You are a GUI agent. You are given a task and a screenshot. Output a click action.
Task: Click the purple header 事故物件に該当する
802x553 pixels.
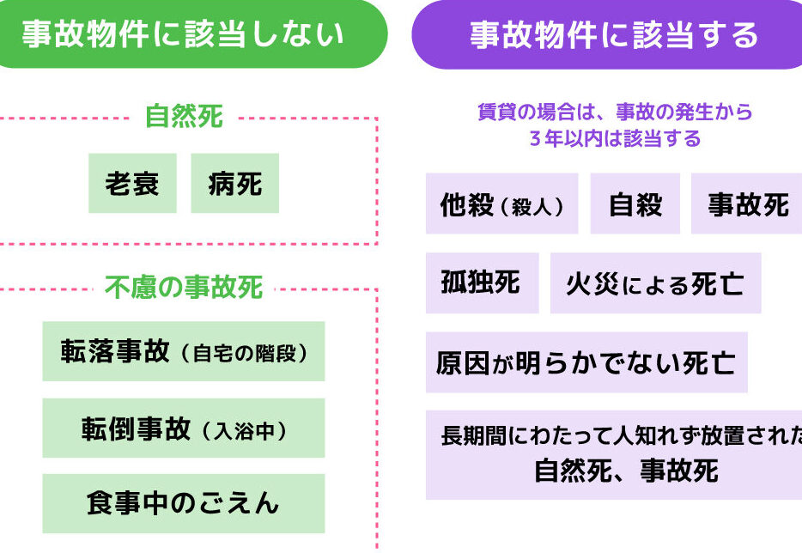613,34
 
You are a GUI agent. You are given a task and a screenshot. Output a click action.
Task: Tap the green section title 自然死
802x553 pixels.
184,117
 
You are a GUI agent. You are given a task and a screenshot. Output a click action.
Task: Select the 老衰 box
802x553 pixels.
132,183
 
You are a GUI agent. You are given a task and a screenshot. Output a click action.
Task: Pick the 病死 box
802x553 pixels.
234,183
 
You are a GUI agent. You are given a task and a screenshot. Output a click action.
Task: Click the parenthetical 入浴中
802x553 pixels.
244,429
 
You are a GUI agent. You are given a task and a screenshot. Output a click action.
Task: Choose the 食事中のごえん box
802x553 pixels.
183,503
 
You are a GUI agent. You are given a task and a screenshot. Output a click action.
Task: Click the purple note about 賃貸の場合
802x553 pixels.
614,125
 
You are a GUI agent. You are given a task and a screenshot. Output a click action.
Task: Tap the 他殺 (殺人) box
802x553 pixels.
501,204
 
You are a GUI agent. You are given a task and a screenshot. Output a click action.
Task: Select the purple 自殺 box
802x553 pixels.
635,204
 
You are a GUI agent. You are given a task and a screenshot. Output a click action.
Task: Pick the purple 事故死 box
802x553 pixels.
746,204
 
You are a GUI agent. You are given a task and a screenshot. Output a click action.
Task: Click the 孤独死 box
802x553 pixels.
481,283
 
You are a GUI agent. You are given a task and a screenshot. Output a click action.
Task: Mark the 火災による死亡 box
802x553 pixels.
655,283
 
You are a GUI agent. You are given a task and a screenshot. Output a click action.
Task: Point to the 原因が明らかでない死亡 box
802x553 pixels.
586,362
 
